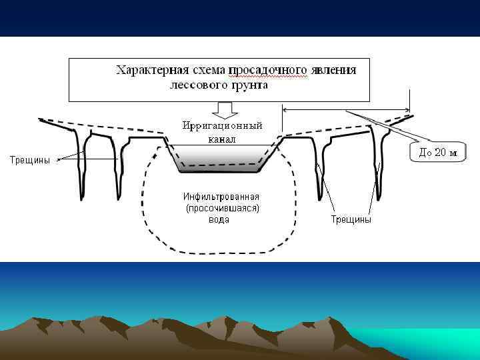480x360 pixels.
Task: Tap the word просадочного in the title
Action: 268,70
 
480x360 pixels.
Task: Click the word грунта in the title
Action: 247,85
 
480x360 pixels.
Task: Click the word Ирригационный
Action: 222,125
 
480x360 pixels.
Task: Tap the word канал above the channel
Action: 221,139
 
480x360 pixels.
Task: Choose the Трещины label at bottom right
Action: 351,219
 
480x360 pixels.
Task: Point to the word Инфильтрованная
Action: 221,197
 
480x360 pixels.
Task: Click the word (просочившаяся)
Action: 221,208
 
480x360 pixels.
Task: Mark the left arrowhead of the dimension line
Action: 286,109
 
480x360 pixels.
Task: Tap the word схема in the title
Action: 205,70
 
